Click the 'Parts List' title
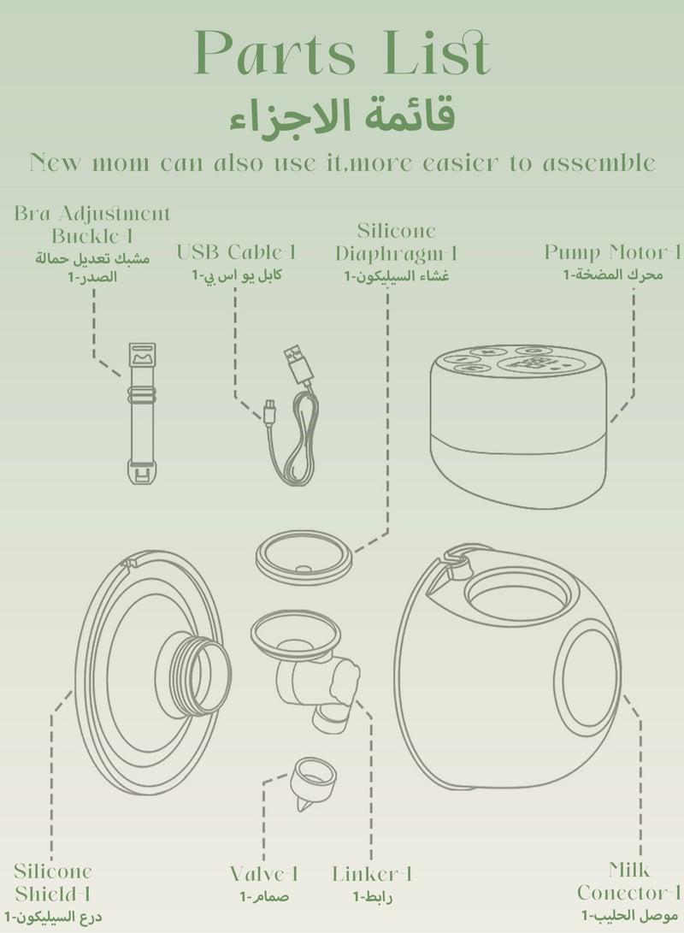343,52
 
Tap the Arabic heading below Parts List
343,115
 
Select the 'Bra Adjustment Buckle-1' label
92,224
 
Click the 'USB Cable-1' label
236,252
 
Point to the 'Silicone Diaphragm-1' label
396,242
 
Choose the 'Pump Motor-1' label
613,252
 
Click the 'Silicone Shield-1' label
53,883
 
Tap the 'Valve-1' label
264,874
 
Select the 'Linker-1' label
372,874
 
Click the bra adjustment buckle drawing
142,413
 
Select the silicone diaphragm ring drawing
304,558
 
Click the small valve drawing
313,782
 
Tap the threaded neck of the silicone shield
200,675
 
